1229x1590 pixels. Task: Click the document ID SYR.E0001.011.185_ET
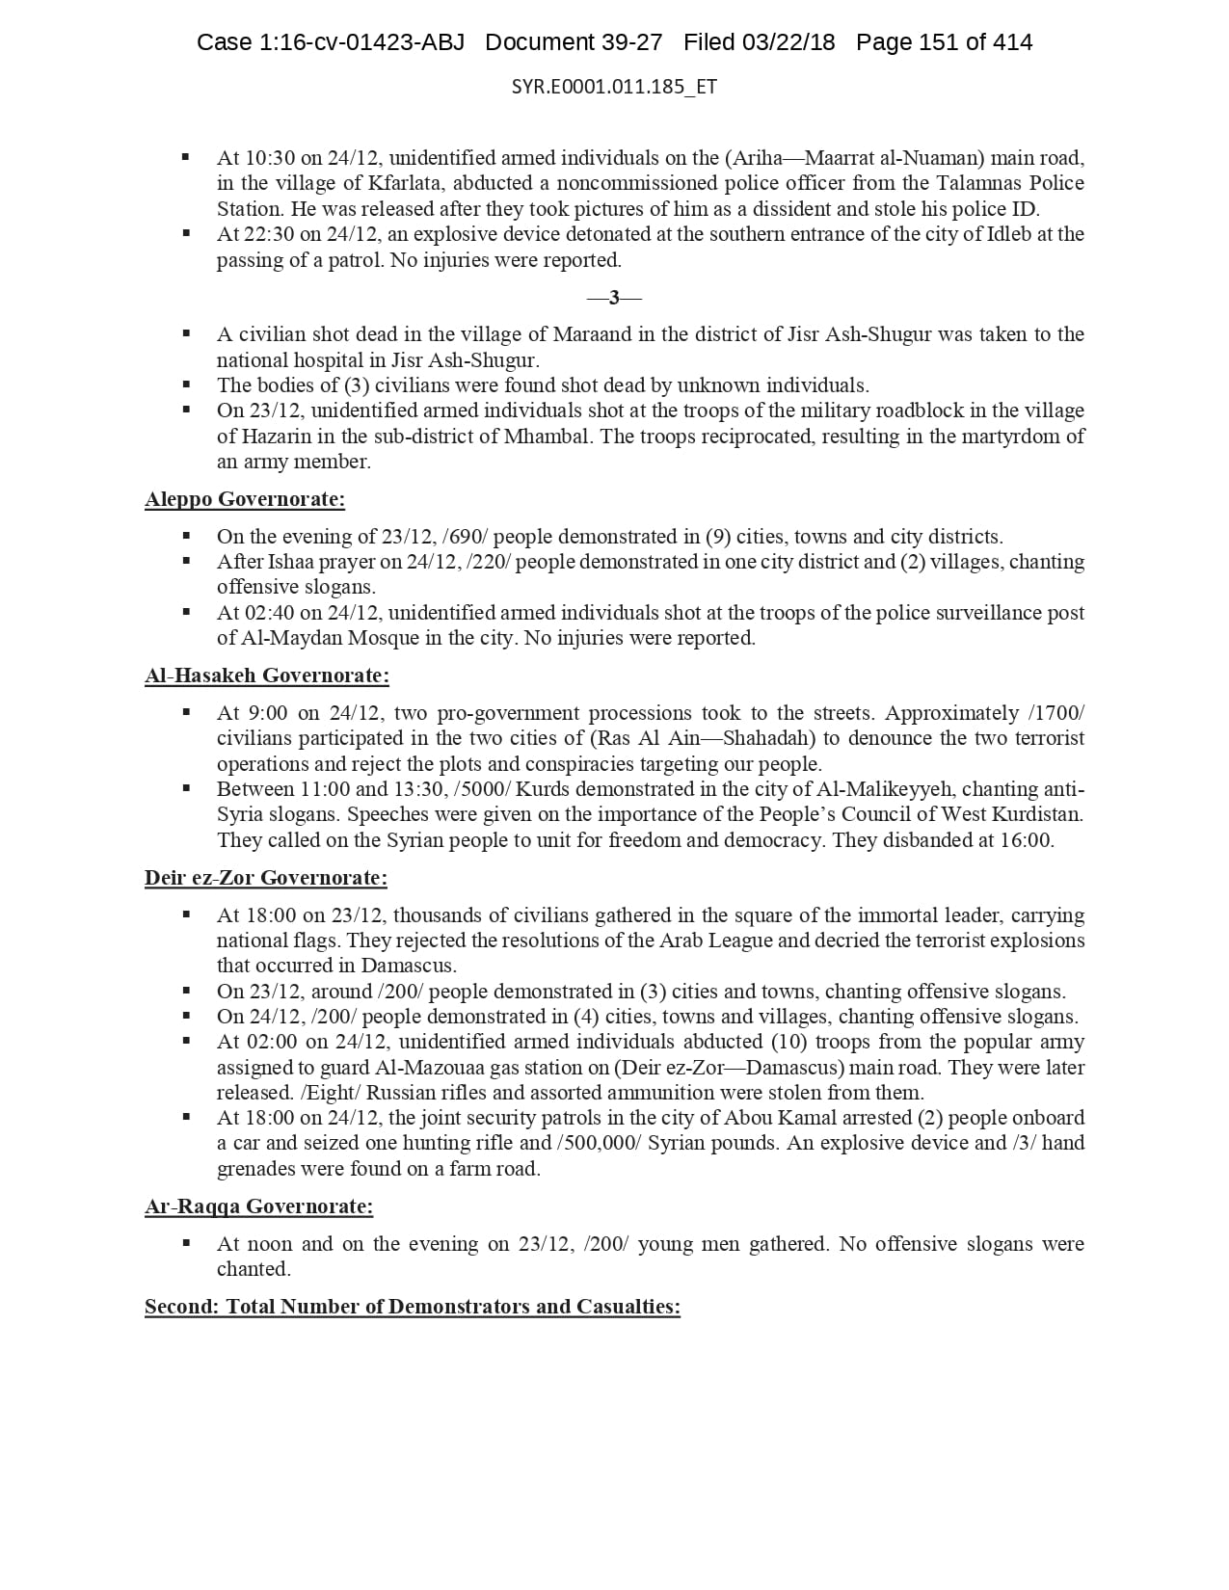[614, 87]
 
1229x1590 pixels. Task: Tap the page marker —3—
[614, 298]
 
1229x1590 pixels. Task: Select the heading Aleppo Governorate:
[245, 499]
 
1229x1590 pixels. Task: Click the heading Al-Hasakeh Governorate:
[267, 676]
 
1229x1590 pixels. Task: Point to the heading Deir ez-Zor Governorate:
[266, 878]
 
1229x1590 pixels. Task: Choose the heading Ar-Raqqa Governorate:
[258, 1206]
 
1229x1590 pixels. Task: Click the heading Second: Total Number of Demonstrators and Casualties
[413, 1307]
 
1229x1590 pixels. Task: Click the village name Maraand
[589, 334]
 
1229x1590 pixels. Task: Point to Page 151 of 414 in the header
[944, 42]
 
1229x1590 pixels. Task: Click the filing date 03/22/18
[788, 42]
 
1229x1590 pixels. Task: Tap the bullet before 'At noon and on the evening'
[186, 1244]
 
